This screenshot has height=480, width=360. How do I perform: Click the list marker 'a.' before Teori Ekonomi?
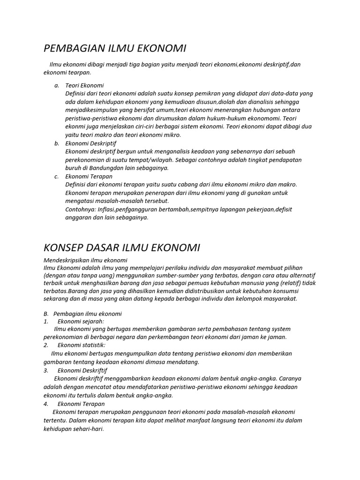56,85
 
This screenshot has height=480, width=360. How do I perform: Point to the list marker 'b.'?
56,143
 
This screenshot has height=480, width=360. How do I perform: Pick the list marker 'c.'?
56,177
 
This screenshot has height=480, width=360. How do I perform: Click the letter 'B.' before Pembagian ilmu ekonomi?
46,314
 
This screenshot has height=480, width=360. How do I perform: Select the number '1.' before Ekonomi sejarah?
46,321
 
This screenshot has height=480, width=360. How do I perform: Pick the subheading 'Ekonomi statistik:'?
82,345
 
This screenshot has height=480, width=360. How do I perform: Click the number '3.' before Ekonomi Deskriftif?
46,370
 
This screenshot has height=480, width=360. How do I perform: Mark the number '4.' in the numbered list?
46,404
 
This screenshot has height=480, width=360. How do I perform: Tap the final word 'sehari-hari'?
88,428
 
